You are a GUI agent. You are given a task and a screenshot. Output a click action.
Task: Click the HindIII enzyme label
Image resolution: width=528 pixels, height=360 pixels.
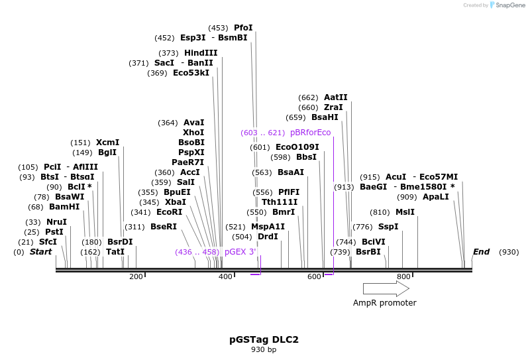click(x=200, y=53)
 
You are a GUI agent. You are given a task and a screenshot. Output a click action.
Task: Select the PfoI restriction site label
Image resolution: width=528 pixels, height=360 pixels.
click(x=243, y=28)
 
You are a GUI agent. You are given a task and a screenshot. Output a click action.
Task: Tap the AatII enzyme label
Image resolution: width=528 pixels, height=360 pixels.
click(x=335, y=97)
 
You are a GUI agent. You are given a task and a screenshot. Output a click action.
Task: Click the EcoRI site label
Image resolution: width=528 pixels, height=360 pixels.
click(x=169, y=212)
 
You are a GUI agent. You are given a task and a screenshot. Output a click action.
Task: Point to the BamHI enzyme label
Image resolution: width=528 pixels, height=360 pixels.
click(x=64, y=207)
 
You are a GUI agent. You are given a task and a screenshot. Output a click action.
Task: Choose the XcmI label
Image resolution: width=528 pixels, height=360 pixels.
click(x=107, y=143)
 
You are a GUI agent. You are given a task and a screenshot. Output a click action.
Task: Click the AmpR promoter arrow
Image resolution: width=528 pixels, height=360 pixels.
click(x=386, y=288)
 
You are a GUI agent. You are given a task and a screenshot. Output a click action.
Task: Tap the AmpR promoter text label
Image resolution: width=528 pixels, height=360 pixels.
click(x=384, y=303)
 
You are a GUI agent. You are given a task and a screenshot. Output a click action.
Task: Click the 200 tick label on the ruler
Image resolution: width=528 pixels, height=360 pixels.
click(x=136, y=276)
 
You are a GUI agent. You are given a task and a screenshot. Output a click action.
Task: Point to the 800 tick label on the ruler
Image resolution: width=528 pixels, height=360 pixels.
click(x=403, y=276)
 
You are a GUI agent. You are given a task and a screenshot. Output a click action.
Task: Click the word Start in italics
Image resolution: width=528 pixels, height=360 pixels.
click(x=40, y=252)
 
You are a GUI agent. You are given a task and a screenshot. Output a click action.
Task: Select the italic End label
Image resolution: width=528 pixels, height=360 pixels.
click(x=481, y=252)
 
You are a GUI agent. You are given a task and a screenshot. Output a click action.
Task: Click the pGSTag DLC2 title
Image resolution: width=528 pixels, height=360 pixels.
click(x=264, y=339)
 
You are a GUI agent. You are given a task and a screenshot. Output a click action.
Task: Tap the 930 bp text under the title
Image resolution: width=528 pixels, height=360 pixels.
click(x=264, y=349)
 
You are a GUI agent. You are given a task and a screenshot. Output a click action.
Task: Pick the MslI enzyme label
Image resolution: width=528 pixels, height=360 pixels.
click(x=405, y=212)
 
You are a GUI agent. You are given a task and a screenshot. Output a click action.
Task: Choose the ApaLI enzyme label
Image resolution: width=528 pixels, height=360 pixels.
click(x=435, y=197)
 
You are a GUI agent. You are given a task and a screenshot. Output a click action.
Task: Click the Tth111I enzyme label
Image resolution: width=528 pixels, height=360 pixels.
click(x=279, y=202)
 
